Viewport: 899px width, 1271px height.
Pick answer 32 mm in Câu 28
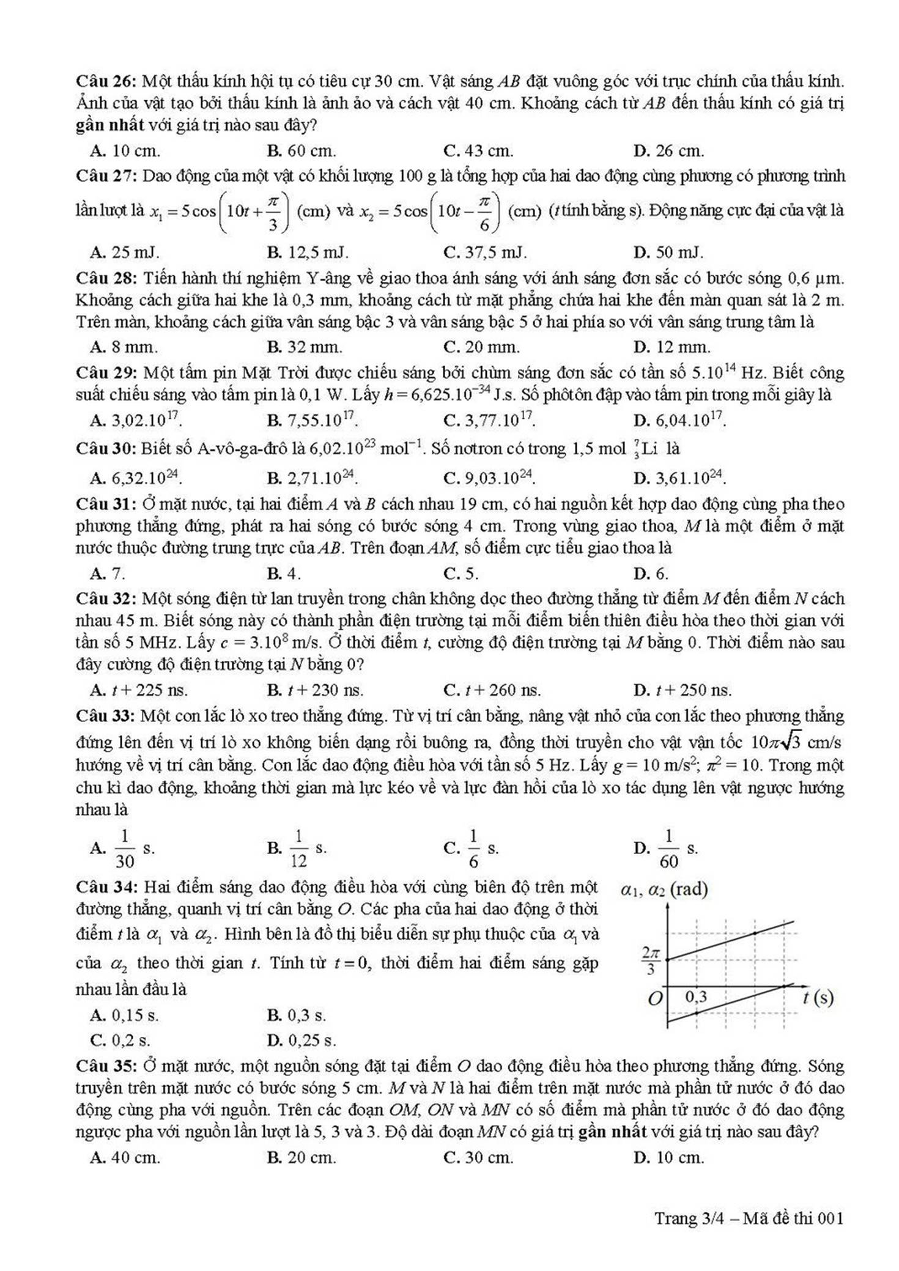point(305,347)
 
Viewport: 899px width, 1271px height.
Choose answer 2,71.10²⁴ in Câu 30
point(313,477)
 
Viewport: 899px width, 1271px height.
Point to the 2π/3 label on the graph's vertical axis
point(650,960)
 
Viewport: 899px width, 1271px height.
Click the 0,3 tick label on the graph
point(696,997)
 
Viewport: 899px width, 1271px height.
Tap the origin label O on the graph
point(654,999)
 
